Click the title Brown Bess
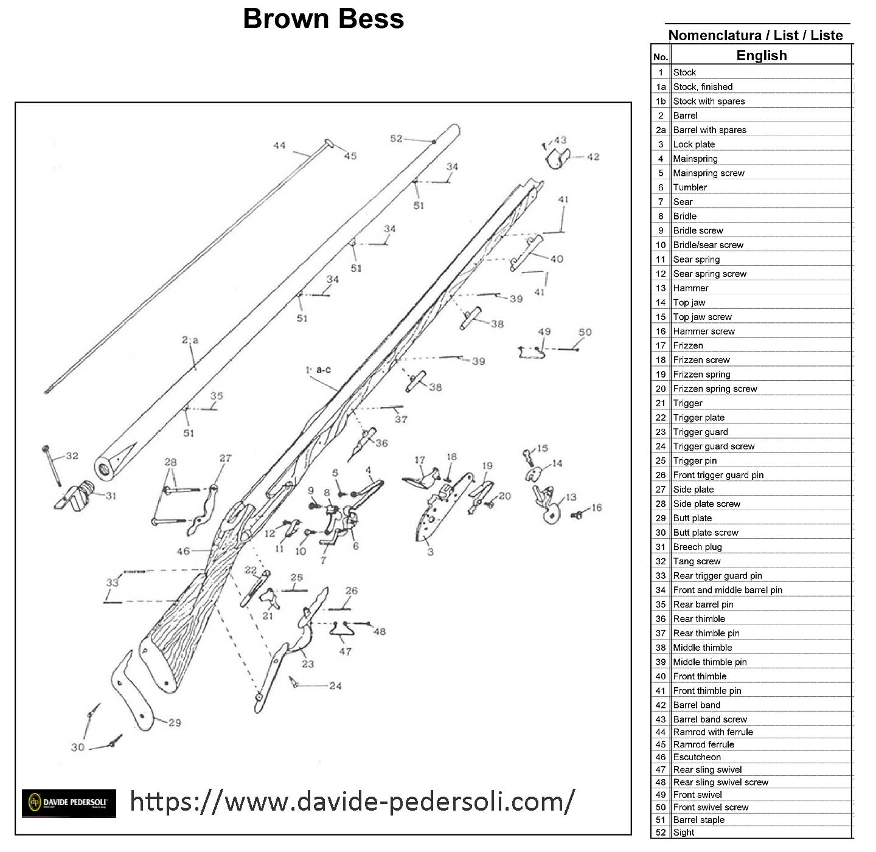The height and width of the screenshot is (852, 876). (323, 19)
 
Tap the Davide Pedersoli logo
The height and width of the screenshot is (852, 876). (69, 803)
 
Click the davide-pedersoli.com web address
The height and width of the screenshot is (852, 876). (352, 802)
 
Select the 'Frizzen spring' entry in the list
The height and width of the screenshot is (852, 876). (701, 375)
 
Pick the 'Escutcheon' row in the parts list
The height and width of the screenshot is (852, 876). (697, 757)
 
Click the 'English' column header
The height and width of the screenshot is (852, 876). (761, 55)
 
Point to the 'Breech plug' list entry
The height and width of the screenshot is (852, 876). (697, 547)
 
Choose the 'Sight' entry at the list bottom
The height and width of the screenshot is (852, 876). (683, 833)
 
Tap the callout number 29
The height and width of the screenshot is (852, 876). (175, 723)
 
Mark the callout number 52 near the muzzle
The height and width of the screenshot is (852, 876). (396, 139)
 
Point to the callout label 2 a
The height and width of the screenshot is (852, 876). (190, 341)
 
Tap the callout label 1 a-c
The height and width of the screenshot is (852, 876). (318, 370)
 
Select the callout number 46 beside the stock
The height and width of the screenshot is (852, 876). (183, 552)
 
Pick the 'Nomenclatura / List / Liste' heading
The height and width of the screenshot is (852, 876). (756, 35)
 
